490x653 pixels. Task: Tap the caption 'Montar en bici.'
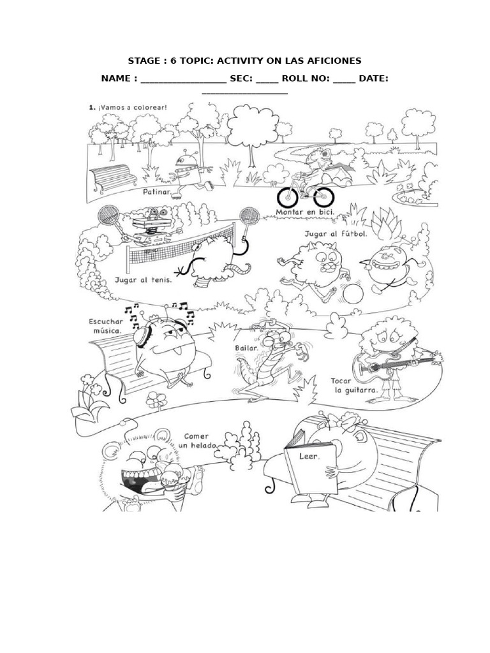tap(305, 212)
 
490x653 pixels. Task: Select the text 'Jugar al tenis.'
tap(143, 279)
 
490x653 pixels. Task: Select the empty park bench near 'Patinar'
tap(113, 177)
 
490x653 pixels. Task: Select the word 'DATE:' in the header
tap(373, 78)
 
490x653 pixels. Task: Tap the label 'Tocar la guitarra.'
tap(354, 385)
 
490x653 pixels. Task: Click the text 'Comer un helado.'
tap(198, 441)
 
